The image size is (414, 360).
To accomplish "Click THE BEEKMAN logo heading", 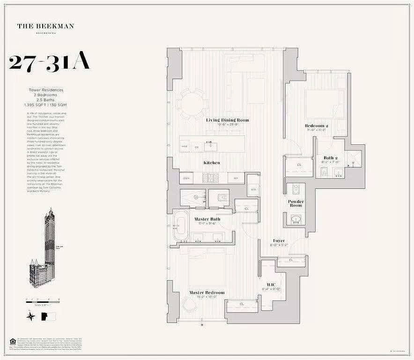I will tap(45, 26).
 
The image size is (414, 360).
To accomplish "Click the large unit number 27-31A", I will tap(49, 63).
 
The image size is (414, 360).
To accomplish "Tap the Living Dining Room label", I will tap(228, 120).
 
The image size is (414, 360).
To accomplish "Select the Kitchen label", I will tap(211, 163).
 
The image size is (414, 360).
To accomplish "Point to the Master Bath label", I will tap(207, 219).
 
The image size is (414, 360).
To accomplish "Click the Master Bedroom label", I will tap(207, 292).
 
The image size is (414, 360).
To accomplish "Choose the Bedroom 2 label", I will tap(317, 126).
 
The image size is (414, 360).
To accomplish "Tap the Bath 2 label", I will tap(330, 158).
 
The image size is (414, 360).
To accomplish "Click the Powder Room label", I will tap(296, 203).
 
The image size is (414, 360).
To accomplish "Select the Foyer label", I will tap(279, 241).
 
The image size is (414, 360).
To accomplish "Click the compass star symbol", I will tap(30, 316).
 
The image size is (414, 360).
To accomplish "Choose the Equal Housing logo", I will tap(12, 341).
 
